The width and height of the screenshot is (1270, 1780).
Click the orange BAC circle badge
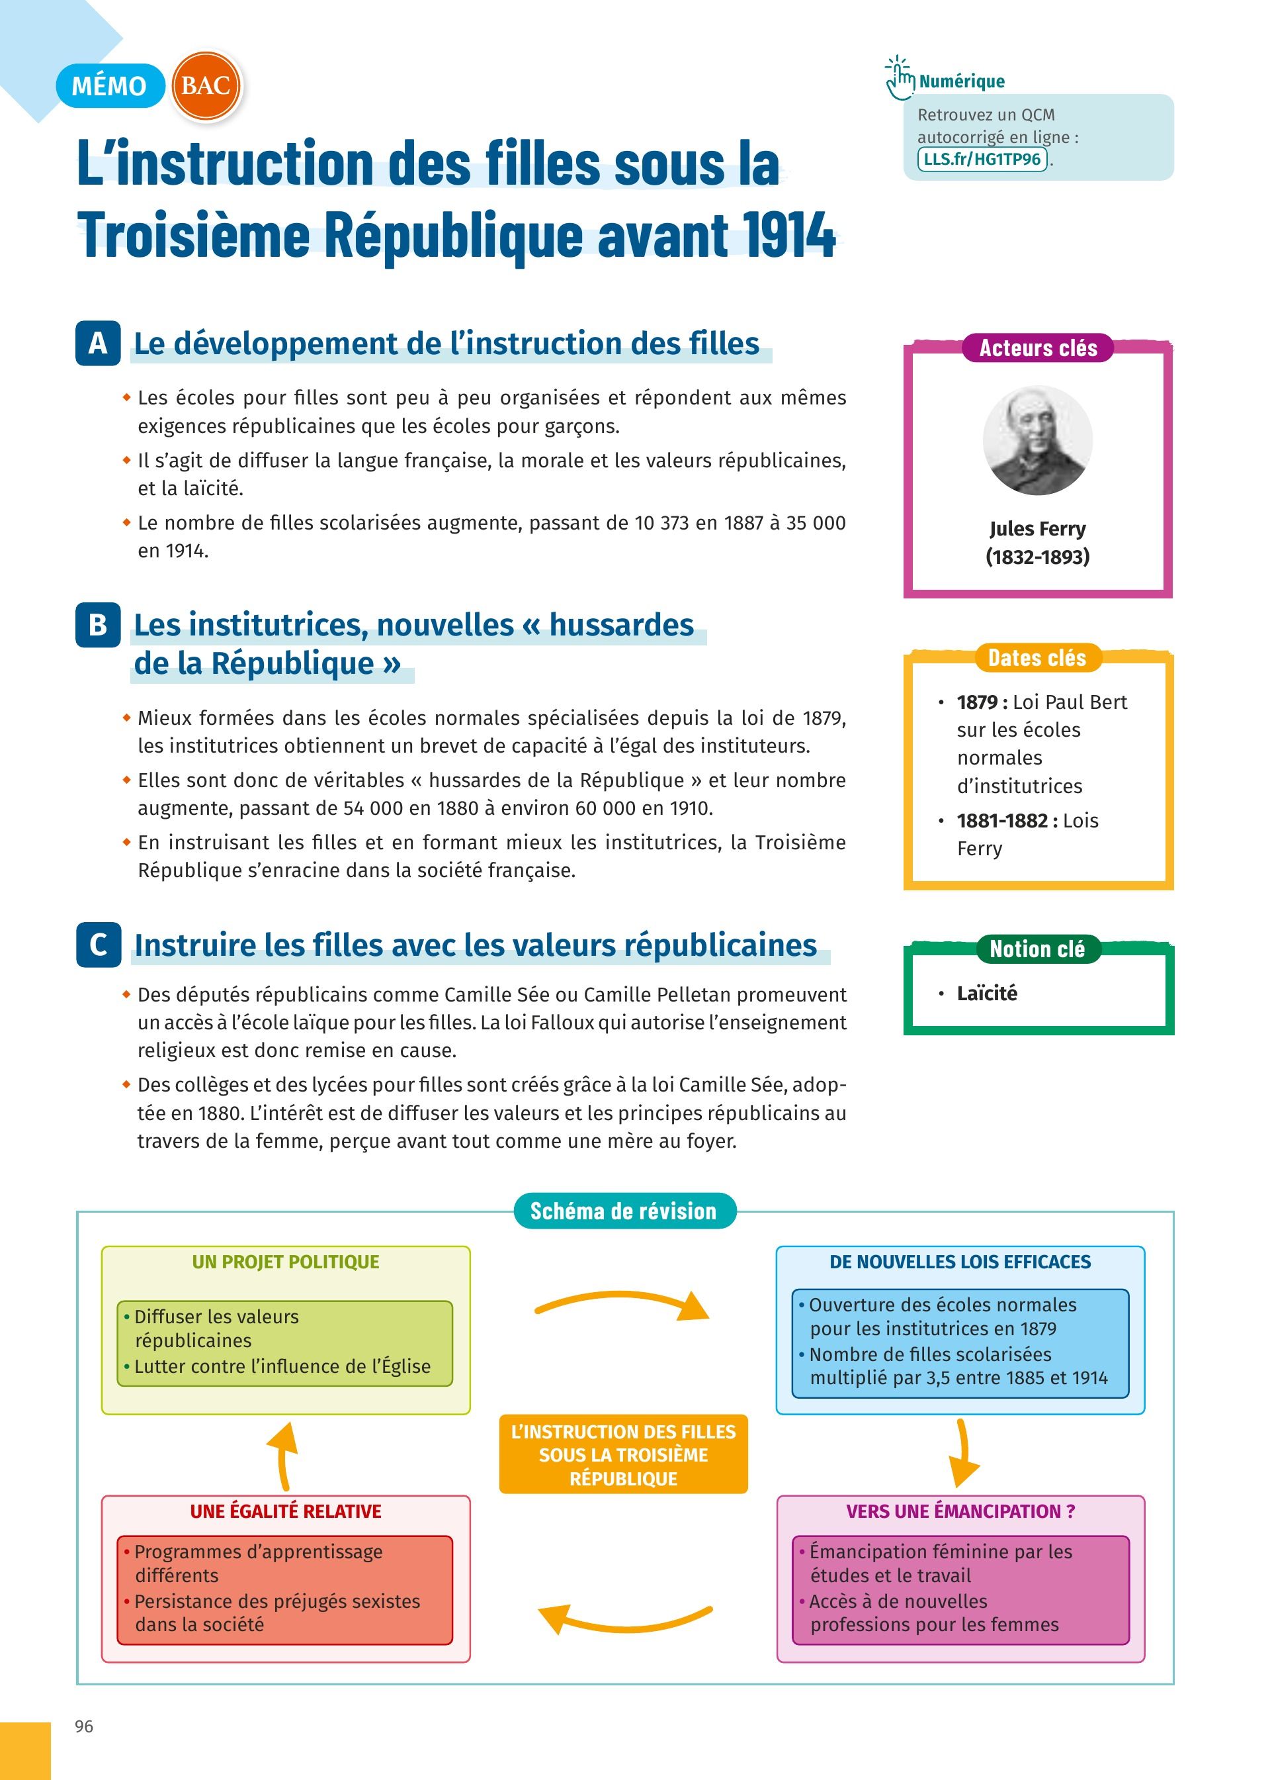206,85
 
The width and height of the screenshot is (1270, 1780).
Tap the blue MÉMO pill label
110,85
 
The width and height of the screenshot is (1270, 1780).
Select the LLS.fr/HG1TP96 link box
982,160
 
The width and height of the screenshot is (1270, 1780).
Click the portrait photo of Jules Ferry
1037,440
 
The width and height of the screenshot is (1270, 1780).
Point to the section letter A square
98,343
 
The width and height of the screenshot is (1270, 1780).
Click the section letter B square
98,624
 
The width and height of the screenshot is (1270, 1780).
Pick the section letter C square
99,945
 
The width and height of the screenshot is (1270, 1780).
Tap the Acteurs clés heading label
1038,348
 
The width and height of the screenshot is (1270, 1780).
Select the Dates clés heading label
1037,658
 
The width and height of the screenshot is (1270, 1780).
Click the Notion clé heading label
1037,949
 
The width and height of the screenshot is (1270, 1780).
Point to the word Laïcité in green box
987,994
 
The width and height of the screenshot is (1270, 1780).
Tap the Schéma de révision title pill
623,1212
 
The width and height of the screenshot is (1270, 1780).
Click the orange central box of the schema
623,1455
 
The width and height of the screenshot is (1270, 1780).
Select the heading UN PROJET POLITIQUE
286,1262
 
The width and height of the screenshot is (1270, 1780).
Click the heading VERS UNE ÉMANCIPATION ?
960,1512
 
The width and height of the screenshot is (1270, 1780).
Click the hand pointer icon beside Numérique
900,77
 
